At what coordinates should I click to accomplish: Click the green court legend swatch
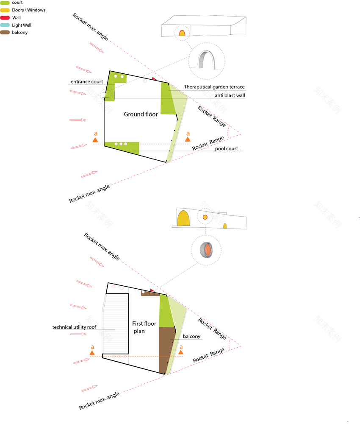click(x=5, y=3)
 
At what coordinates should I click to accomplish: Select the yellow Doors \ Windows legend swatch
click(x=5, y=10)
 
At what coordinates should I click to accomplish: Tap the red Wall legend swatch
click(x=5, y=18)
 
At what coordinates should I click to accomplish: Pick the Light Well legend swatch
click(x=5, y=25)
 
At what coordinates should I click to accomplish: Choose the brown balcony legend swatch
click(x=5, y=33)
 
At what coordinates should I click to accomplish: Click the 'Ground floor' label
click(x=141, y=114)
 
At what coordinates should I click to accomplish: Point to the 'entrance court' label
click(x=87, y=82)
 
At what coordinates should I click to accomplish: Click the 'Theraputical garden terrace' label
click(x=214, y=87)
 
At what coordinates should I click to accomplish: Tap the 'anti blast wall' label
click(x=230, y=95)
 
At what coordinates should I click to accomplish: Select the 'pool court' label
click(x=226, y=149)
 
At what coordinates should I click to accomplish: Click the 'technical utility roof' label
click(x=74, y=327)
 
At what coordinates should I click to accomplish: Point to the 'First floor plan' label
click(x=144, y=327)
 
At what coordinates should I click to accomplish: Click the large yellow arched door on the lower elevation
click(x=183, y=218)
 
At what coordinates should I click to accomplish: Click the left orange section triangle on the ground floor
click(x=95, y=140)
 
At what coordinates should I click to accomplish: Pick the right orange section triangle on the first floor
click(x=181, y=352)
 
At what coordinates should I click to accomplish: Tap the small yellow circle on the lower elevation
click(x=205, y=217)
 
